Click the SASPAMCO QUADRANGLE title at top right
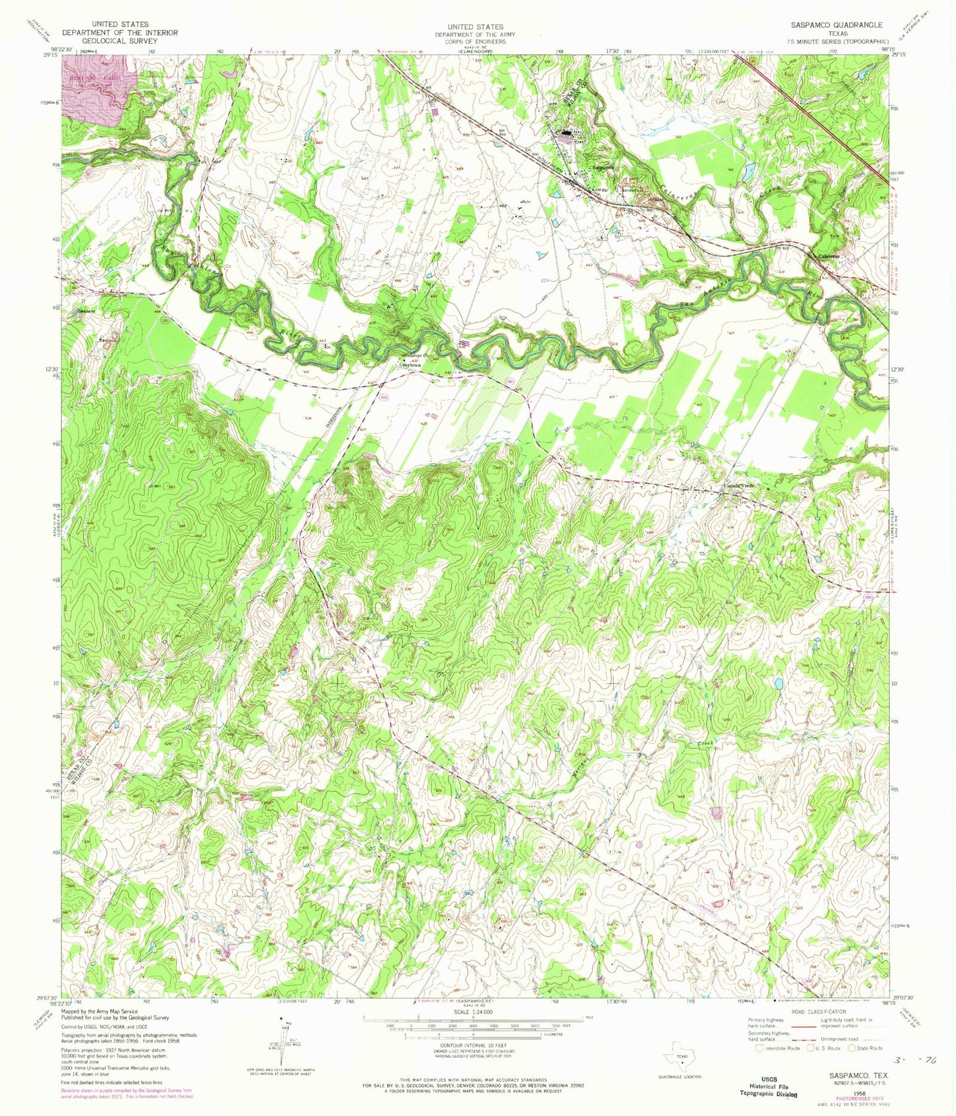point(836,24)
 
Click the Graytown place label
point(410,365)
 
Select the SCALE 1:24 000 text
point(474,1011)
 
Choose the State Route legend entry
point(864,1049)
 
